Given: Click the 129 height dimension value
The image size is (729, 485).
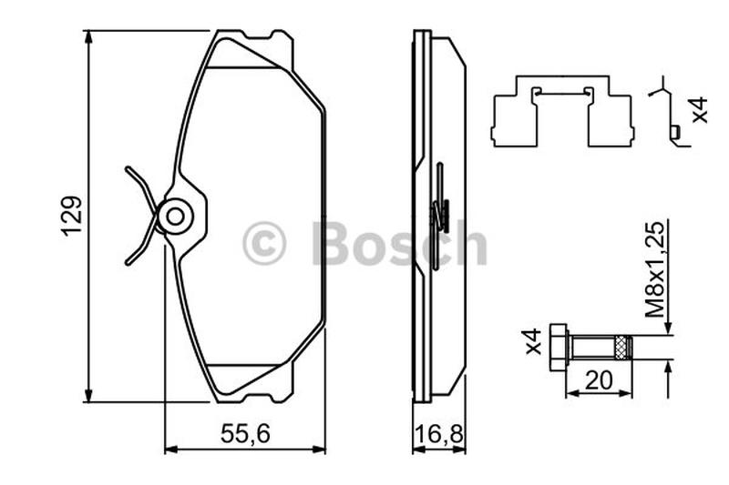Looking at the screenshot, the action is click(73, 217).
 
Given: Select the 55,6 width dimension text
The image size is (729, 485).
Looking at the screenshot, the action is click(245, 434).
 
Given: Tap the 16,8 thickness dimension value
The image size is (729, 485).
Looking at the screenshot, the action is click(439, 434).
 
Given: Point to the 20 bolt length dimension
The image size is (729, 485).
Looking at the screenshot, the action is click(599, 380).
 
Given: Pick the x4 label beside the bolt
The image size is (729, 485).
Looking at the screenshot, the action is click(534, 341).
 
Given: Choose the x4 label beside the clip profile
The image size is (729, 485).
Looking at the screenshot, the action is click(700, 110).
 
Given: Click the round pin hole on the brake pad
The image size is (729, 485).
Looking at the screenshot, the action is click(175, 217).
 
